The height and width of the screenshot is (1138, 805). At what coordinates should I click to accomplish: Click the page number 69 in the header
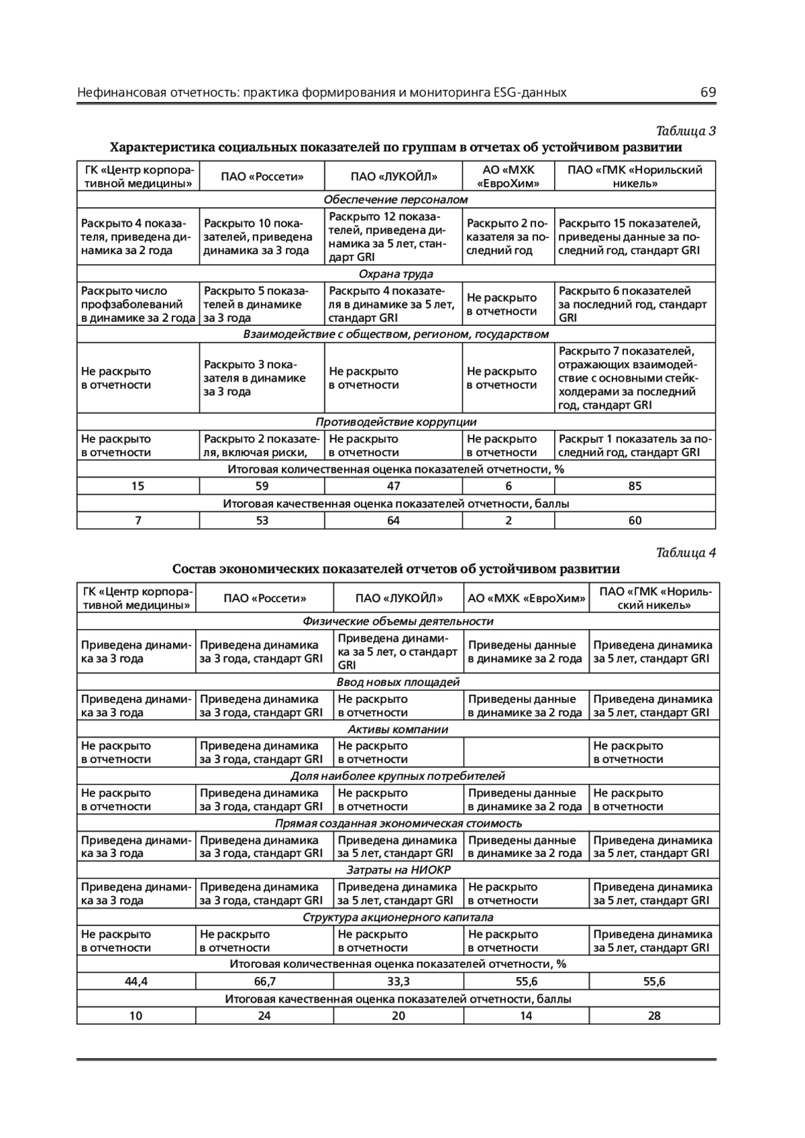coord(708,93)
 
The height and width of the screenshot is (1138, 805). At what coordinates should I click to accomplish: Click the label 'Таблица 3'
coord(686,131)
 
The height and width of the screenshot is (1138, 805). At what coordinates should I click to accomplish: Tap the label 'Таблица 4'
coord(686,553)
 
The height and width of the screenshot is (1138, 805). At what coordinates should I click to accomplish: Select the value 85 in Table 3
coord(635,486)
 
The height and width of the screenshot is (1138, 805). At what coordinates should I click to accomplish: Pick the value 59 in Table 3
coord(262,486)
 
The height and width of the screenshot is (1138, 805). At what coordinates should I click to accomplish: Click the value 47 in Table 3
coord(393,486)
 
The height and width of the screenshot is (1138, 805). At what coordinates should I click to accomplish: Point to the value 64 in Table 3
coord(393,520)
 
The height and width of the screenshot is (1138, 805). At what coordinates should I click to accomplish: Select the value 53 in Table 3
coord(262,520)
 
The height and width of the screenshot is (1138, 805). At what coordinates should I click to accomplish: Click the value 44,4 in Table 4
coord(136,981)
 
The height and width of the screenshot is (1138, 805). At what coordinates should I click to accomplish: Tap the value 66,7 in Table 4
coord(264,981)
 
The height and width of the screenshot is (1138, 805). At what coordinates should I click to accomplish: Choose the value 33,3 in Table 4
coord(398,981)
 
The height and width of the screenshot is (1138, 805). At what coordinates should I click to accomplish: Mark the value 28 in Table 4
coord(654,1015)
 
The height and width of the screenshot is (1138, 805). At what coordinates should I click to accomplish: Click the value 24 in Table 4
coord(264,1015)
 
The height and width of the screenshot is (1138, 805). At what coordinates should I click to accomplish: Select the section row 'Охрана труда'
coord(396,274)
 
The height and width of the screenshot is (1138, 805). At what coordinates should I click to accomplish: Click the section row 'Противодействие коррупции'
coord(396,422)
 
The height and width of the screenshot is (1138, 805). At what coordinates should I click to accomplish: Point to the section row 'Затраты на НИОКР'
coord(398,870)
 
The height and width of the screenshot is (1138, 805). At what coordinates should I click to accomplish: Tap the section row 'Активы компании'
coord(398,729)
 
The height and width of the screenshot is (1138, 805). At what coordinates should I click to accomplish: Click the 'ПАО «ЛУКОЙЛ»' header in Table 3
coord(393,176)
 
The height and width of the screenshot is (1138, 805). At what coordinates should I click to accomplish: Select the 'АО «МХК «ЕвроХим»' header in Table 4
coord(526,598)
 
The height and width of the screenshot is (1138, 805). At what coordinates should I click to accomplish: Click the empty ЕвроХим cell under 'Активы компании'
coord(526,752)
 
